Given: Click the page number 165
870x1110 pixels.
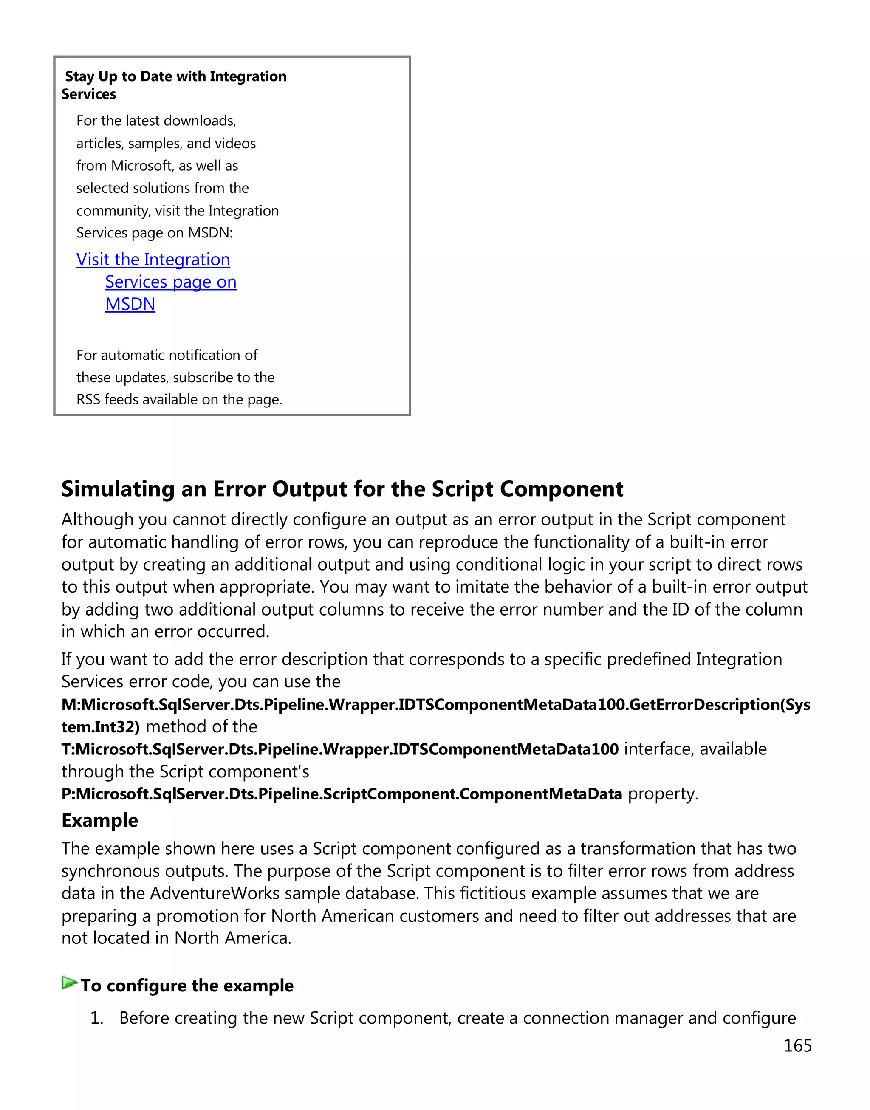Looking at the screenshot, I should click(797, 1045).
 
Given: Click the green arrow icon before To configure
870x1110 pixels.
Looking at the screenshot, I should click(69, 983).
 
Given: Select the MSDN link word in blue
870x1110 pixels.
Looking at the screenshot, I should click(130, 304).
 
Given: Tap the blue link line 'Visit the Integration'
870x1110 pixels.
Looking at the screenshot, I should click(153, 260).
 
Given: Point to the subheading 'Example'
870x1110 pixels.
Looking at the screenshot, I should click(99, 821).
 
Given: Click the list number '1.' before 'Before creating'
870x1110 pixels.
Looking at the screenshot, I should click(96, 1018).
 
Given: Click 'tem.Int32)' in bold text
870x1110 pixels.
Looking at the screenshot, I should click(100, 727).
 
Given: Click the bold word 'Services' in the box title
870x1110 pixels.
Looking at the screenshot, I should click(89, 94).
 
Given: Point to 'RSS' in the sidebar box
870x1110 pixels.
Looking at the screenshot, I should click(88, 400).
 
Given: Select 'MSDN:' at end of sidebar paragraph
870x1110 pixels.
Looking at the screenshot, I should click(210, 233).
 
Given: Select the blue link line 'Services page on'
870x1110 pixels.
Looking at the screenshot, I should click(171, 282).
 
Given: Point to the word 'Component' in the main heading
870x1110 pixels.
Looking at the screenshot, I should click(561, 489).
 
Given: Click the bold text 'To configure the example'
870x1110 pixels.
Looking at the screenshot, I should click(187, 986).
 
